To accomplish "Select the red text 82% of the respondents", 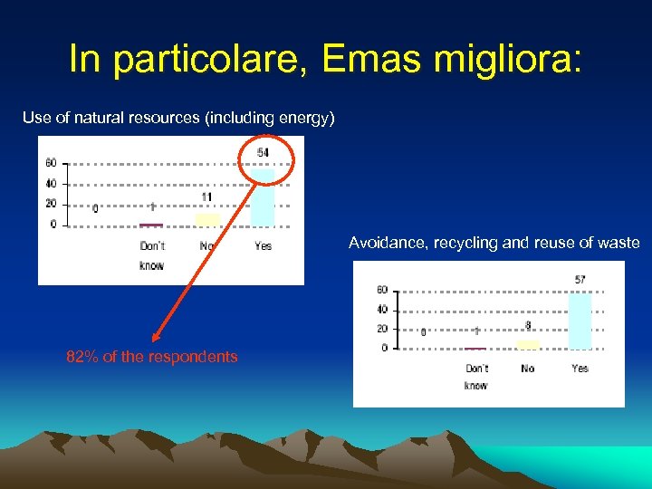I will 152,357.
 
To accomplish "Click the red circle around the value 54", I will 266,159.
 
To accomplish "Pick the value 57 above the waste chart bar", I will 580,280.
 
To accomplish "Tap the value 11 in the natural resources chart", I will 207,197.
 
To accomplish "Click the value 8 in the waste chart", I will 528,326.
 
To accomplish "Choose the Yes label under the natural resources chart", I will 263,246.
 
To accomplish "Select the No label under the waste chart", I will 528,369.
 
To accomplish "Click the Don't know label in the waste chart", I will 476,377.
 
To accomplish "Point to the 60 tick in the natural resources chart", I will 52,164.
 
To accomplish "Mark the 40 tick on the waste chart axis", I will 382,310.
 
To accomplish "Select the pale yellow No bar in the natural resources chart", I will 207,218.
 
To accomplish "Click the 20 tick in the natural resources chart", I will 52,204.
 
